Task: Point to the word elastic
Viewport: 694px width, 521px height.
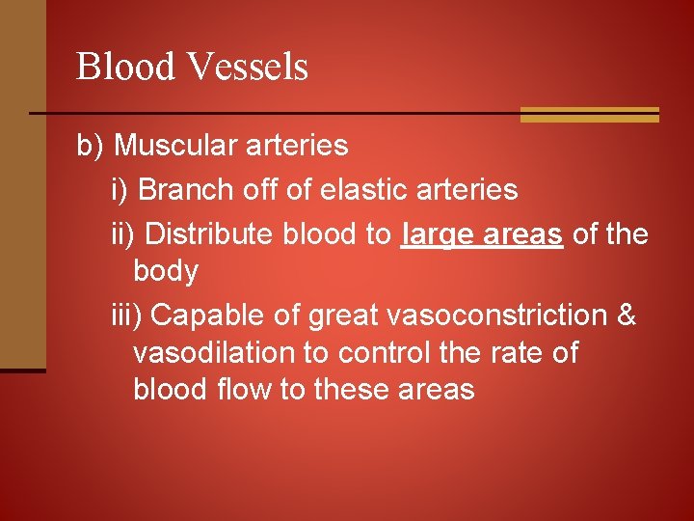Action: click(x=359, y=190)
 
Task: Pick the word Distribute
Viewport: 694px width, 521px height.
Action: click(x=212, y=233)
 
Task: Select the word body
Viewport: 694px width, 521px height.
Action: click(x=165, y=271)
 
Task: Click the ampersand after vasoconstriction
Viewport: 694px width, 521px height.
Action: click(x=627, y=315)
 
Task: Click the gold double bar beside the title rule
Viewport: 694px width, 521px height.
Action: click(x=589, y=114)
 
